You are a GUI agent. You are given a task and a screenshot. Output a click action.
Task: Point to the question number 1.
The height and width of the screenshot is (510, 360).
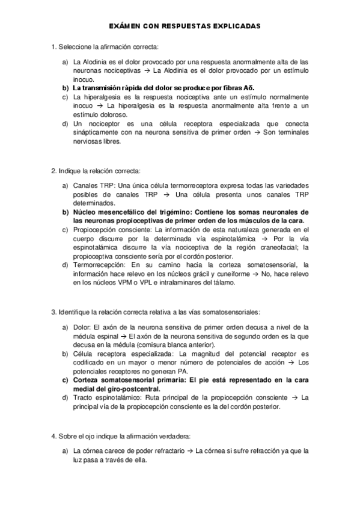[x=54, y=46]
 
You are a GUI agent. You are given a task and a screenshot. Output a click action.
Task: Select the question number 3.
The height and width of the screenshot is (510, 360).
[x=54, y=312]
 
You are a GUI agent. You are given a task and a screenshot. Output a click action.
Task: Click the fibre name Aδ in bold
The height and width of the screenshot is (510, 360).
[x=249, y=88]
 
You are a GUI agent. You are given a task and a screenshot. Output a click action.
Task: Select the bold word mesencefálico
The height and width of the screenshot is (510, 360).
[x=130, y=212]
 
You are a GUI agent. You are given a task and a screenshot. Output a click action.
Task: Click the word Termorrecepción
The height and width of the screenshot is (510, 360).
[x=100, y=265]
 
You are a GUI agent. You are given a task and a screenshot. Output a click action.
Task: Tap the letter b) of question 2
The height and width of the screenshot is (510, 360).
[x=66, y=212]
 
